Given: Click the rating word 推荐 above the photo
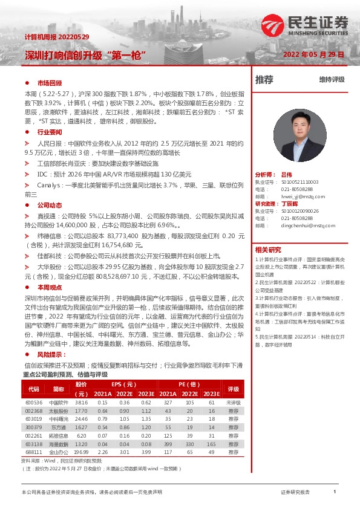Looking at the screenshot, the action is (x=264, y=79).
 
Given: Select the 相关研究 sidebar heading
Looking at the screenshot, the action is (x=268, y=249).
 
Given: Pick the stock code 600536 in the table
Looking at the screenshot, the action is (x=34, y=402).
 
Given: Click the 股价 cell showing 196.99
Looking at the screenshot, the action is (x=81, y=450).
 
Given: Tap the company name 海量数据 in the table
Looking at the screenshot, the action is (x=58, y=443).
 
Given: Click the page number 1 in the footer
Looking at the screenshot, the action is (x=334, y=492).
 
